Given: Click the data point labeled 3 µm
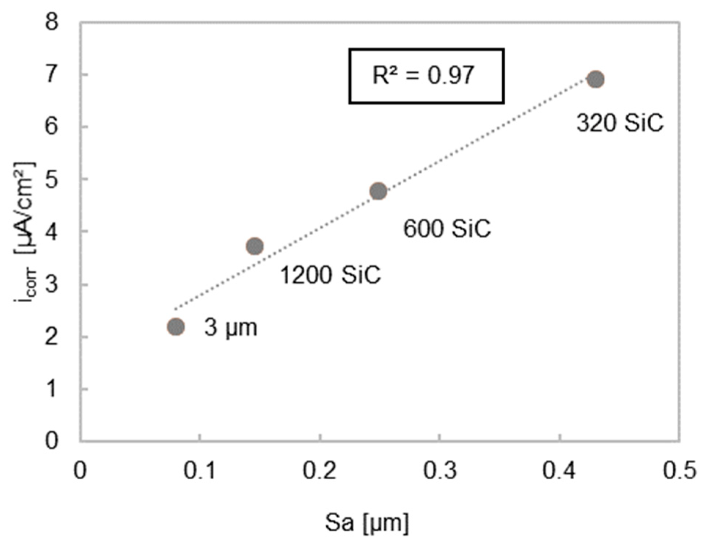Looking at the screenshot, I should click(x=176, y=327).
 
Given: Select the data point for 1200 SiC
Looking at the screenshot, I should click(x=255, y=246).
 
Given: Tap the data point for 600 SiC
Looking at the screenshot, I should click(x=378, y=191).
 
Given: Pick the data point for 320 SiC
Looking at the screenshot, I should click(x=596, y=79).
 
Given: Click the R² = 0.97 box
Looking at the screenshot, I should click(x=426, y=76).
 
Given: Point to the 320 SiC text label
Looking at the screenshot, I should click(x=620, y=123).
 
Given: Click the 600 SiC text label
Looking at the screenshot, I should click(x=447, y=228).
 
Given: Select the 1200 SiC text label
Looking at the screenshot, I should click(x=330, y=274).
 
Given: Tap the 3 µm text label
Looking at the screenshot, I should click(x=231, y=327).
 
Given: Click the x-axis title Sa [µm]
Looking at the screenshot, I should click(x=366, y=523).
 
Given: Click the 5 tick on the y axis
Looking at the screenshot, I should click(x=52, y=179).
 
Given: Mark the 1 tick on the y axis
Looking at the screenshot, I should click(x=52, y=389).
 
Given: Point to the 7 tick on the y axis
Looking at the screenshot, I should click(x=52, y=75).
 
